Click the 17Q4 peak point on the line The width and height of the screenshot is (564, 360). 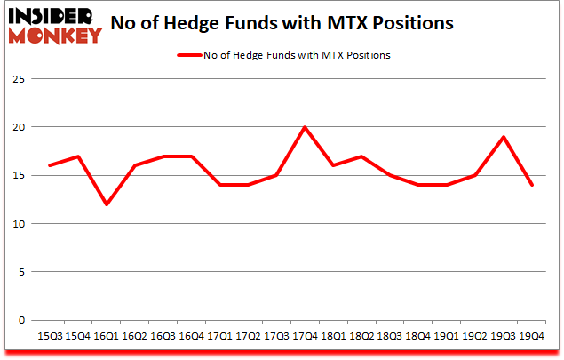[x=306, y=127]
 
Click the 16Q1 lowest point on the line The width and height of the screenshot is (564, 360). [x=107, y=204]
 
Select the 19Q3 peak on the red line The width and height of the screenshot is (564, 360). [x=504, y=137]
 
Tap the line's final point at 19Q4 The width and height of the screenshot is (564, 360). [x=533, y=185]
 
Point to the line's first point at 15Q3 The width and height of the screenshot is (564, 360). [x=50, y=165]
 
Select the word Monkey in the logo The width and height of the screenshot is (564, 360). [x=55, y=36]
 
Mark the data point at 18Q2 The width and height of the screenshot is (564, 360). [x=362, y=156]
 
